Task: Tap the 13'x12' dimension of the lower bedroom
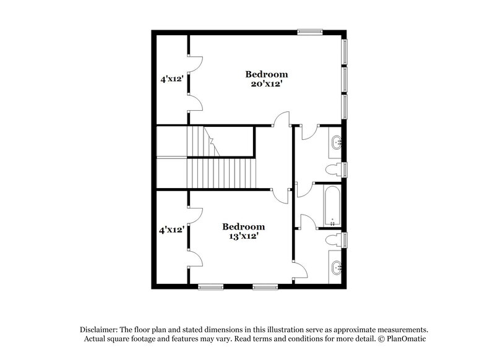(x=244, y=236)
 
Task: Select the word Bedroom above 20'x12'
(x=266, y=74)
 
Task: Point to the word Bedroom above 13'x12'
(x=244, y=226)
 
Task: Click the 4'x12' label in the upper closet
(x=171, y=79)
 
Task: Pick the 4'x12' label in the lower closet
(x=171, y=230)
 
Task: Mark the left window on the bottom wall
(x=210, y=286)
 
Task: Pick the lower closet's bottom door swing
(x=194, y=260)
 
